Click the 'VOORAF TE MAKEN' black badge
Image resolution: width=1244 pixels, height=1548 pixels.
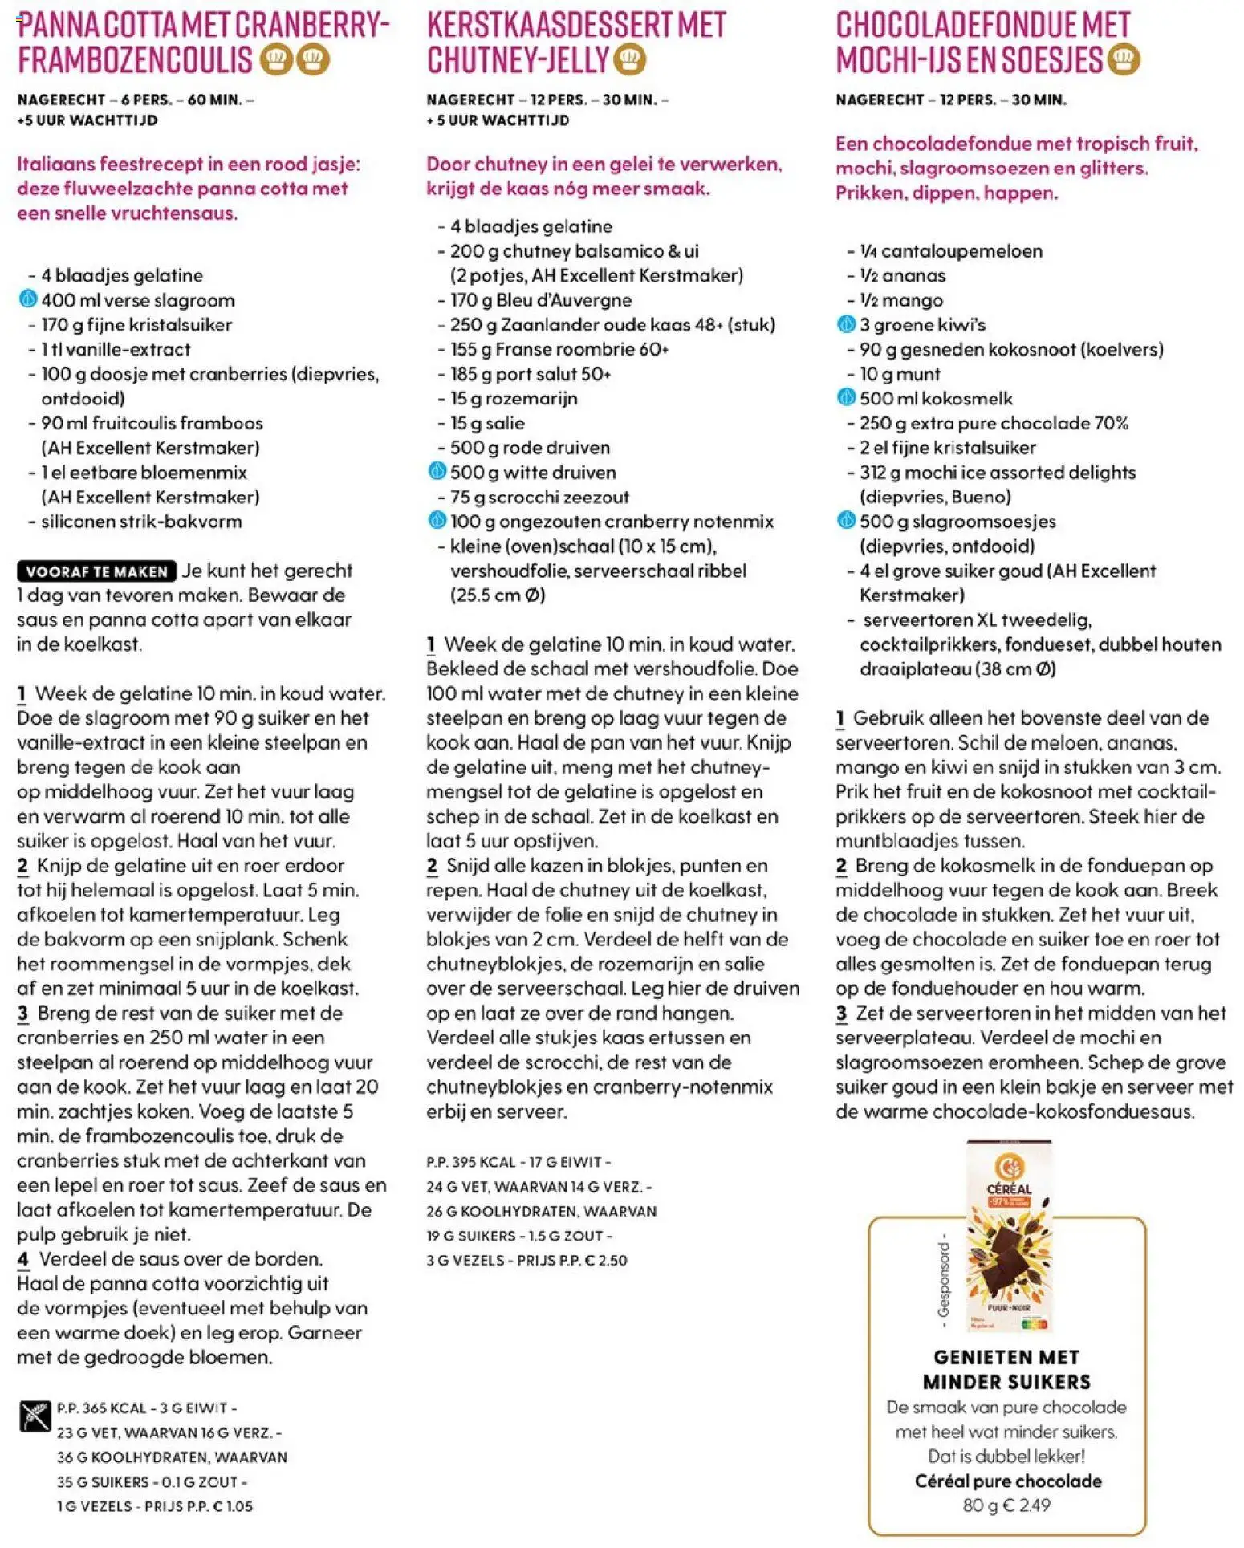[x=96, y=571]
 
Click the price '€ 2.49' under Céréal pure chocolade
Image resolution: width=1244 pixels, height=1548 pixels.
[x=1028, y=1505]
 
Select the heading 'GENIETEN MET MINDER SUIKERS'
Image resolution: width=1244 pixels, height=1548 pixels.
[x=1006, y=1369]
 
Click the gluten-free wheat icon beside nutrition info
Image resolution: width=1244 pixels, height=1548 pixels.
[x=35, y=1416]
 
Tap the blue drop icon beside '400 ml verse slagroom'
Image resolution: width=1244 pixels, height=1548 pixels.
[x=27, y=300]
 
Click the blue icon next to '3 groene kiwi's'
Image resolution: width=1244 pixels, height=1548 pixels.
[x=846, y=325]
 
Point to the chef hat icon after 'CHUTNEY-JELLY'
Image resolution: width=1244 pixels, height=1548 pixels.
[x=630, y=60]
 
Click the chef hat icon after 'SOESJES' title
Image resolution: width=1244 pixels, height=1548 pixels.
[x=1124, y=60]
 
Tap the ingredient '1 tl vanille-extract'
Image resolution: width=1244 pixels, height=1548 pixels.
[x=116, y=350]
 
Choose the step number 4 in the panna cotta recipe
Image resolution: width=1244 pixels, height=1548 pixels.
[x=23, y=1259]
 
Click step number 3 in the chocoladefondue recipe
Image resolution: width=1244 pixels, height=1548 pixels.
[x=841, y=1014]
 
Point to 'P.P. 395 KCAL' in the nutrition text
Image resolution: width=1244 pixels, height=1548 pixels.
[x=471, y=1162]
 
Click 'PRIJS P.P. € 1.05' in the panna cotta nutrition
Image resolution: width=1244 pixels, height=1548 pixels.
[x=198, y=1506]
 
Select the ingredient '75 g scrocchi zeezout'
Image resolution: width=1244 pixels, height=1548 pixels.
[x=539, y=498]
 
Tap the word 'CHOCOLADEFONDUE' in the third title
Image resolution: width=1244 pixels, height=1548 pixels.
[x=955, y=26]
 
